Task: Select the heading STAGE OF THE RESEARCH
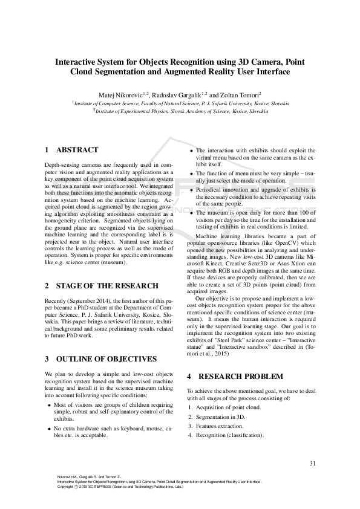(107, 285)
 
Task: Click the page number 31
(313, 464)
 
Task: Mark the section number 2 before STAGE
(47, 285)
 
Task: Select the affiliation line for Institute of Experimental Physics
(181, 111)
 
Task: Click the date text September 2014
(91, 300)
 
